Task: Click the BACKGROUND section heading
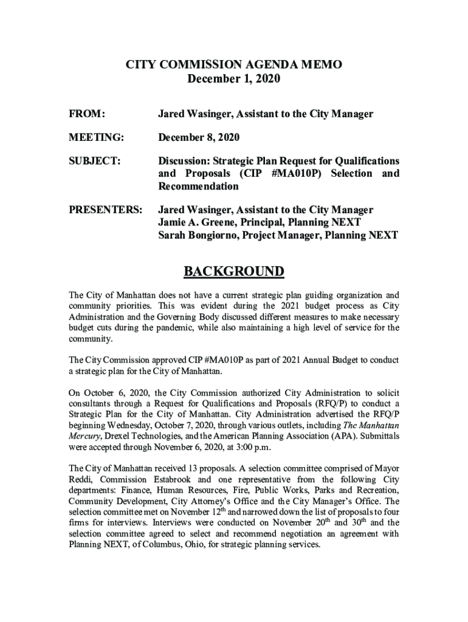point(234,271)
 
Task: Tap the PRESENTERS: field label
point(105,210)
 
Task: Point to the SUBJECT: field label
point(94,161)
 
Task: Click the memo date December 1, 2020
point(234,79)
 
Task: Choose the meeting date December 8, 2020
point(199,138)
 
